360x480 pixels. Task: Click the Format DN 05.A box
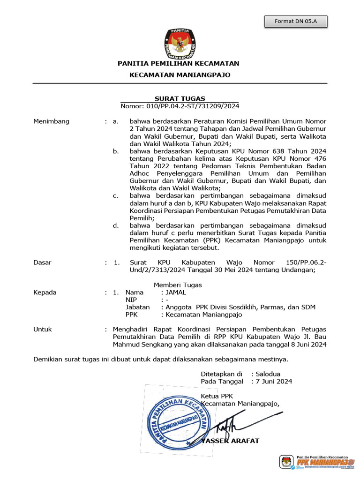(x=295, y=22)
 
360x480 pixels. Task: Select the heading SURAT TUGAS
(x=180, y=98)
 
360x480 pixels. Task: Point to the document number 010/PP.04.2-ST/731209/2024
(x=180, y=106)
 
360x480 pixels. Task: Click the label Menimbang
(x=52, y=121)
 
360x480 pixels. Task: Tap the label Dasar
(x=43, y=262)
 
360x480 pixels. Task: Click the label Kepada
(x=45, y=292)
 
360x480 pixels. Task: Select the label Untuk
(x=43, y=330)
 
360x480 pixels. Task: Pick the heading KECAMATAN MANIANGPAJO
(x=180, y=75)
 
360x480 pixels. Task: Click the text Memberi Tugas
(x=178, y=285)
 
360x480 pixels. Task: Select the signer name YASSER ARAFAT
(x=230, y=441)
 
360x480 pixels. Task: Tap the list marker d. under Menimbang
(x=116, y=225)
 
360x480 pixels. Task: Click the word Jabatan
(x=137, y=307)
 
